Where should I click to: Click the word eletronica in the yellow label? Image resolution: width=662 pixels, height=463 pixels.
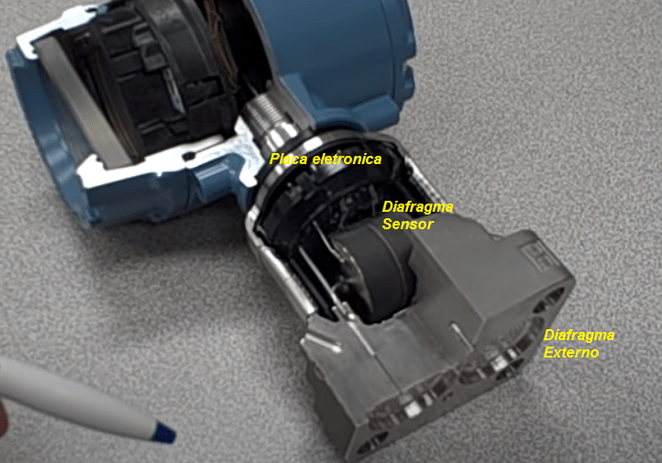coord(347,160)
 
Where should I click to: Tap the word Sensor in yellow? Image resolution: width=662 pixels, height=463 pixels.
coord(407,224)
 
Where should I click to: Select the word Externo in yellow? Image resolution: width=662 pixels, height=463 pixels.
coord(571,352)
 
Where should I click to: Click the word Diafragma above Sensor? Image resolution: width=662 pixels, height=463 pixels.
coord(417,207)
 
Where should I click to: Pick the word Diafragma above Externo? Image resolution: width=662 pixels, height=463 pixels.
coord(579,336)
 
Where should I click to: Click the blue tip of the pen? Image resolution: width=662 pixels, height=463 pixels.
coord(164,433)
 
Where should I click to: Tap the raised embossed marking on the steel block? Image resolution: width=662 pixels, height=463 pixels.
coord(539,256)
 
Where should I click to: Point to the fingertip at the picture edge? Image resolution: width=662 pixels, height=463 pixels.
coord(4,418)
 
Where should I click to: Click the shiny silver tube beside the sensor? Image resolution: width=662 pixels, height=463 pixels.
coord(283,274)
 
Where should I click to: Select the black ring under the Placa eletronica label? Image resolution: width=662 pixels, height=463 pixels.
coord(321,177)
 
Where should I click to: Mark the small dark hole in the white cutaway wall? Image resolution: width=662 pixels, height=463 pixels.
coord(189,157)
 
